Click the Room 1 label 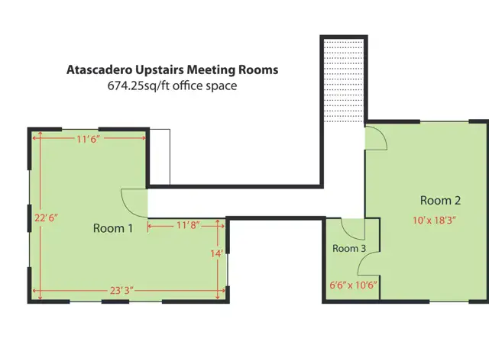click(x=113, y=228)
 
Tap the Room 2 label click(x=440, y=200)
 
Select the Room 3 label click(x=349, y=248)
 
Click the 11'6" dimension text click(x=88, y=139)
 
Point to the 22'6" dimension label click(x=46, y=218)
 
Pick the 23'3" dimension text click(x=121, y=290)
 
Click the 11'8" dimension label click(x=189, y=225)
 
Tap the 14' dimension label click(x=217, y=253)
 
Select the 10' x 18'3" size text click(x=434, y=221)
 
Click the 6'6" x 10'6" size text click(x=353, y=285)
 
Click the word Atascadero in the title click(x=99, y=69)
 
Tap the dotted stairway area click(x=344, y=80)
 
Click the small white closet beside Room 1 click(x=160, y=157)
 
